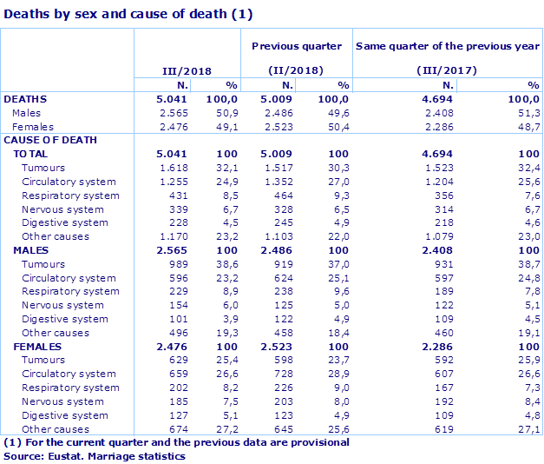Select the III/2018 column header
[x=187, y=70]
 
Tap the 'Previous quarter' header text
[x=297, y=46]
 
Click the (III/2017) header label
[x=448, y=70]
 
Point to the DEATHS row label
[x=25, y=99]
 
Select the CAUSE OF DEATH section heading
[x=50, y=140]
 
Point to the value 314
[x=444, y=209]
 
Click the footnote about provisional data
[x=176, y=442]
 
